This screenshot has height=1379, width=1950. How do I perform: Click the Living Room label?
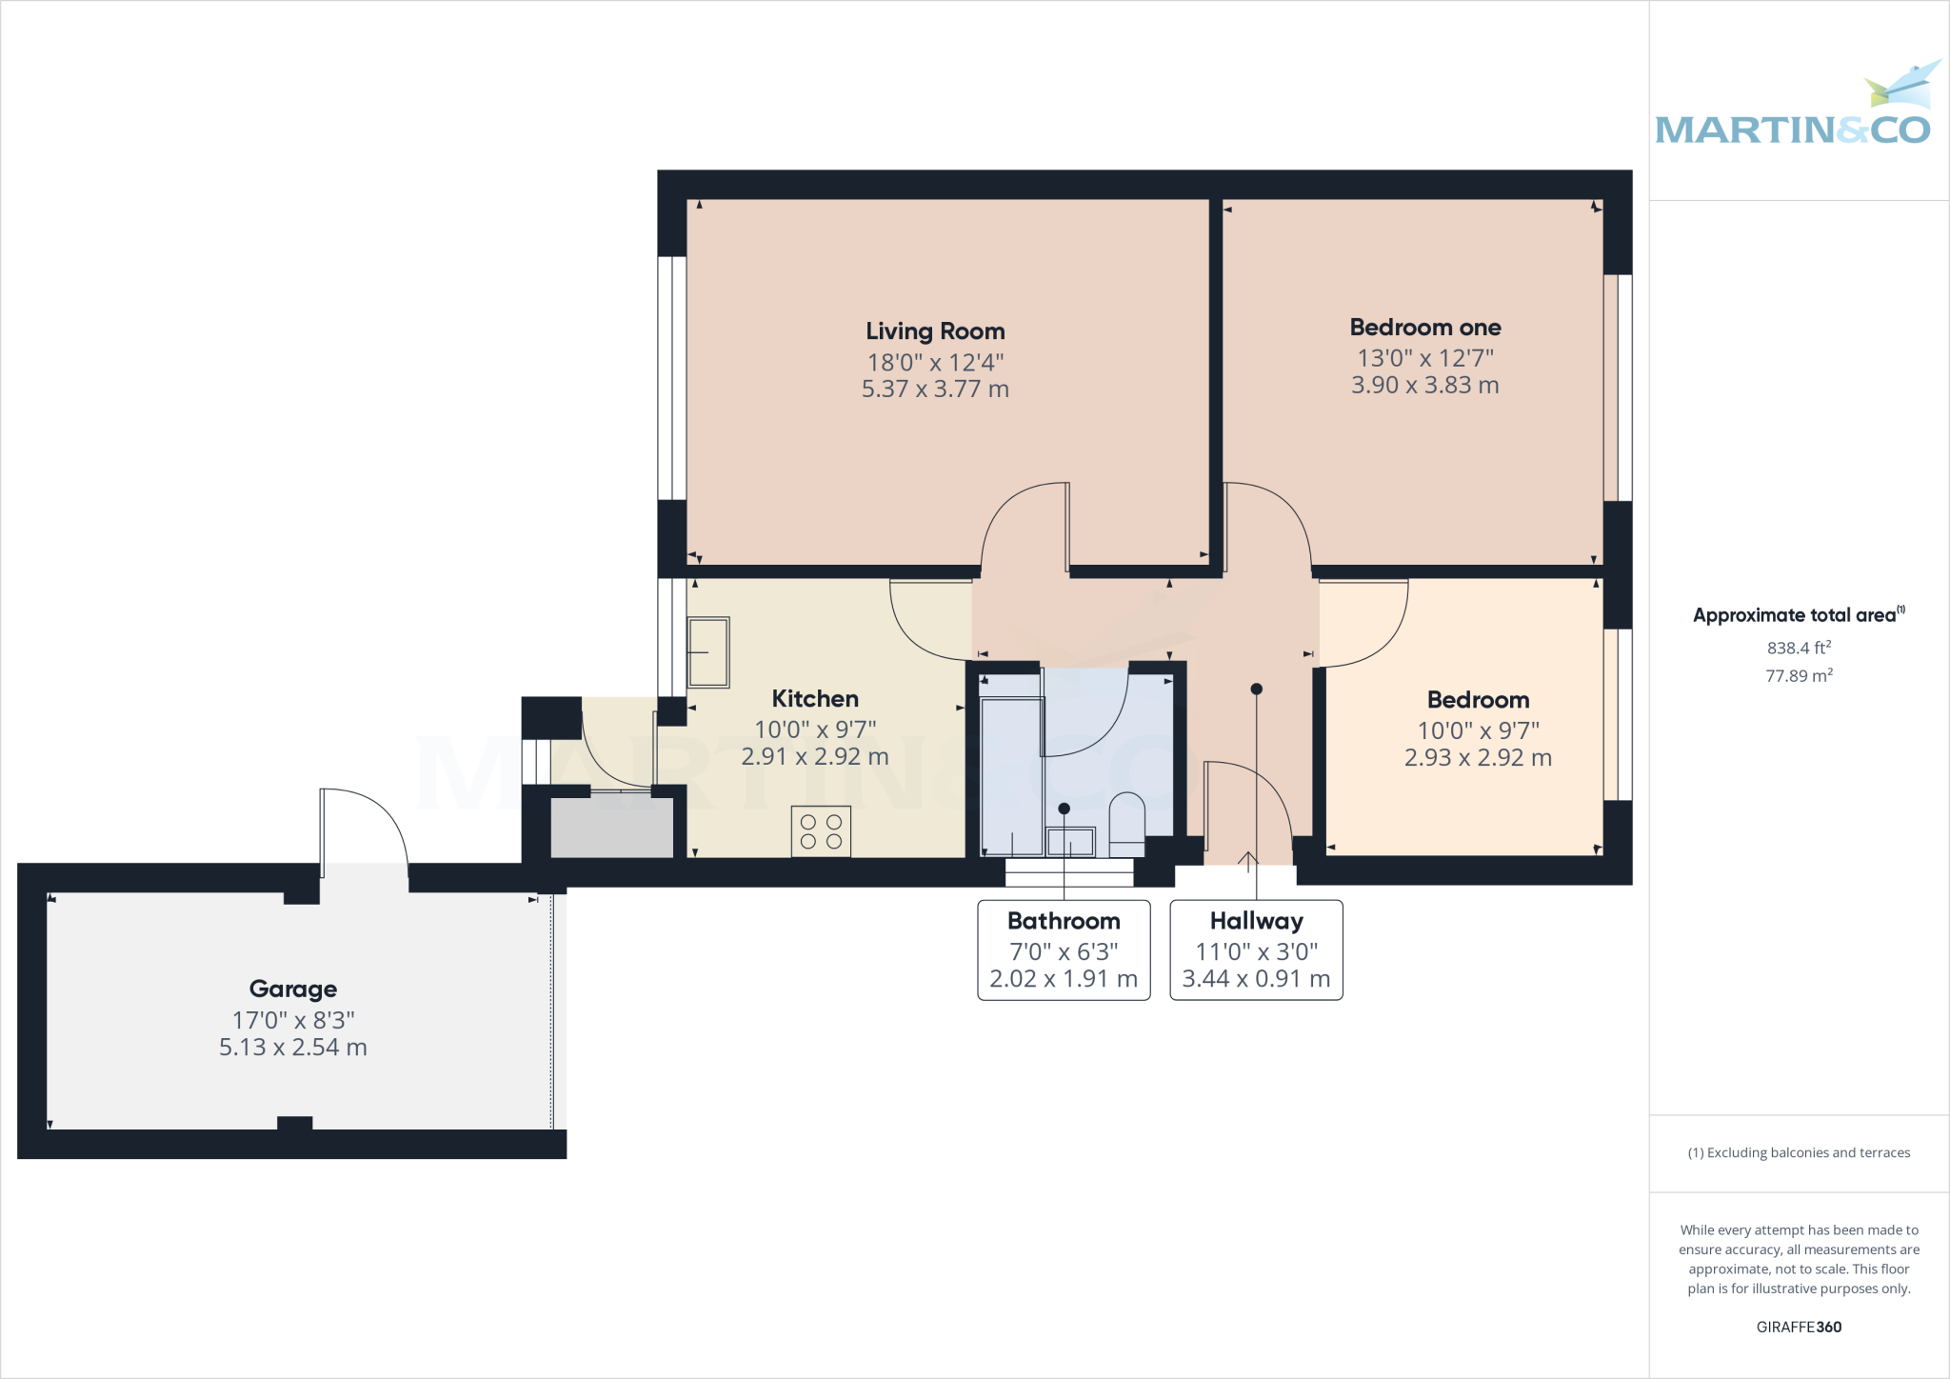point(935,331)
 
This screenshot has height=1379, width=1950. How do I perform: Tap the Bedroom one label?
point(1425,328)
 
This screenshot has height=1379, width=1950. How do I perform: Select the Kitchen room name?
point(815,699)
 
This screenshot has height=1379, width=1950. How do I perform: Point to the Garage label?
point(293,989)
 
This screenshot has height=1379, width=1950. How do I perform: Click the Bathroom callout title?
point(1064,921)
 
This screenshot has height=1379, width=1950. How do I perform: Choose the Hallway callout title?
point(1257,921)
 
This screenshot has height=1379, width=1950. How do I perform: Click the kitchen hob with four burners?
point(821,831)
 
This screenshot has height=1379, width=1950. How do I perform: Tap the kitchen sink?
point(708,652)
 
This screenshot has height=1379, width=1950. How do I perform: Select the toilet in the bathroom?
point(1127,824)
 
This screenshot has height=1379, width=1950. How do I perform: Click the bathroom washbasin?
point(1071,842)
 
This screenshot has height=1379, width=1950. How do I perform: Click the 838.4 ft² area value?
point(1800,648)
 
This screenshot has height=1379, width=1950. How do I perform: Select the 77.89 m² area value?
point(1800,675)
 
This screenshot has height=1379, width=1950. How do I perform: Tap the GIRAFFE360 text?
point(1800,1327)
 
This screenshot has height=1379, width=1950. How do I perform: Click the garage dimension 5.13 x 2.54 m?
point(293,1048)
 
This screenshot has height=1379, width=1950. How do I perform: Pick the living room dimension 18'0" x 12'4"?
point(935,362)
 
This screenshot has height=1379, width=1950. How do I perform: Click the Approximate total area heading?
point(1800,614)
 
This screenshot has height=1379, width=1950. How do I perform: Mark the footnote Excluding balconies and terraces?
point(1800,1152)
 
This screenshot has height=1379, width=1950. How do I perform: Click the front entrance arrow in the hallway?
point(1248,860)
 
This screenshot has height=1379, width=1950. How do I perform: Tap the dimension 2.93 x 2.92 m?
point(1479,758)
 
